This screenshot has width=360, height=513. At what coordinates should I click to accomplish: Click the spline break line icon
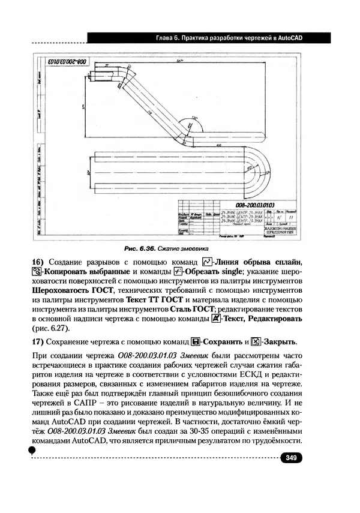208,262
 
